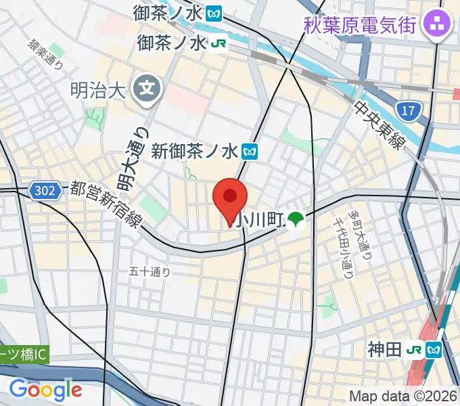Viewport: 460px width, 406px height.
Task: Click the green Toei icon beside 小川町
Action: tap(295, 219)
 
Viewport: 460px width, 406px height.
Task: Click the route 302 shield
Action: tap(46, 191)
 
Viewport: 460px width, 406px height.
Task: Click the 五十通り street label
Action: tap(149, 272)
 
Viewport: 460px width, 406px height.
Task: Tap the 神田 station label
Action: tap(385, 349)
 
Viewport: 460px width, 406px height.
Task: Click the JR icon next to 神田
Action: tap(415, 350)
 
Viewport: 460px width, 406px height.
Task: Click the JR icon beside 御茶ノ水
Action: tap(218, 43)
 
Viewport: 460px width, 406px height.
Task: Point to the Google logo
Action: tap(45, 389)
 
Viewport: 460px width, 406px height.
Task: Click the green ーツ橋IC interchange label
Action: tap(25, 354)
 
